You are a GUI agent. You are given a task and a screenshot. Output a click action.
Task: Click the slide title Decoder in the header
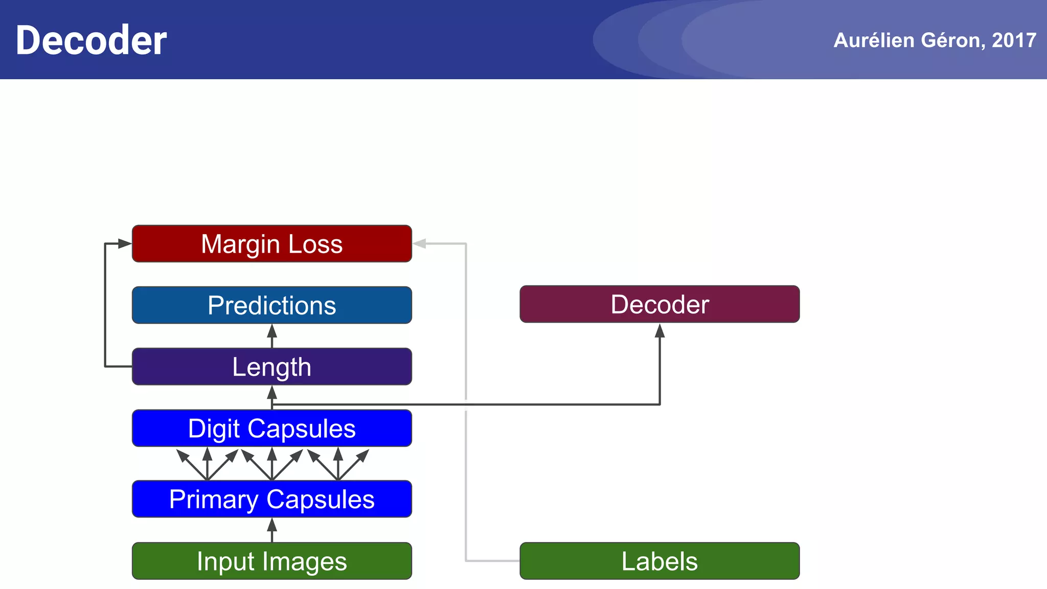[x=91, y=40]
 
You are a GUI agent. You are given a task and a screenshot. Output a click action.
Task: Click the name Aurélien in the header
[x=874, y=40]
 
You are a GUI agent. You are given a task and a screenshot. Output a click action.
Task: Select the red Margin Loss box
[x=271, y=244]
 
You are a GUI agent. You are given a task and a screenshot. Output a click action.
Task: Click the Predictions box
[x=271, y=305]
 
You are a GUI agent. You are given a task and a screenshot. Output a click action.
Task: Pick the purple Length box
[x=271, y=367]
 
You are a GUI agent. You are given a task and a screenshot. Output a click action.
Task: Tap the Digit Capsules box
[x=271, y=428]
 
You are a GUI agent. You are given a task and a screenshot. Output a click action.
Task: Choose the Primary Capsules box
[x=271, y=499]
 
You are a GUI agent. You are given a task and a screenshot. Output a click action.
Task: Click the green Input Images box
[x=271, y=561]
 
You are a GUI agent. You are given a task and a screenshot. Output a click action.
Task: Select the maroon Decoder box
[x=659, y=304]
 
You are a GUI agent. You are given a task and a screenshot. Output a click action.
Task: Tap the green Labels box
[x=659, y=561]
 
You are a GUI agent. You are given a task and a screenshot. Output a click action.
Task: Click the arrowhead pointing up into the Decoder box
[x=659, y=331]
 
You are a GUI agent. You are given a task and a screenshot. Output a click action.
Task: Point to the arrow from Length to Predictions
[x=272, y=336]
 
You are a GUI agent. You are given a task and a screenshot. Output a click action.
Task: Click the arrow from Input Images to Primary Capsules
[x=272, y=530]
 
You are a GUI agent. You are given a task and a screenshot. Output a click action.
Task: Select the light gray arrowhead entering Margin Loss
[x=420, y=244]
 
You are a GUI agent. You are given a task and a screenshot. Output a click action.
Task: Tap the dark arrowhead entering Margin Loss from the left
[x=124, y=244]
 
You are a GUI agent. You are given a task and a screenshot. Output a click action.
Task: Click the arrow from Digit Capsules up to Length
[x=272, y=396]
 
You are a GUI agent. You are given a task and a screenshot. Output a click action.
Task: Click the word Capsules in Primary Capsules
[x=320, y=499]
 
